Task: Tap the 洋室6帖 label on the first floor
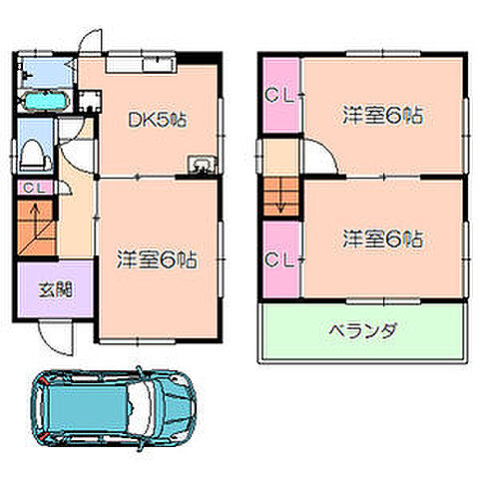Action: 157,258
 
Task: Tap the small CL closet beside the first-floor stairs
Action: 32,188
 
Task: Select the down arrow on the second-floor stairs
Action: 280,197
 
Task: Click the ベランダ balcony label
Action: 362,329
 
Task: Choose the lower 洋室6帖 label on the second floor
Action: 382,239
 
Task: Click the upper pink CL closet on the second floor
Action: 278,96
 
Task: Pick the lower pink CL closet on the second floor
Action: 278,259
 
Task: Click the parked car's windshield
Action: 139,411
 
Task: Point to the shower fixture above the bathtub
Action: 48,72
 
